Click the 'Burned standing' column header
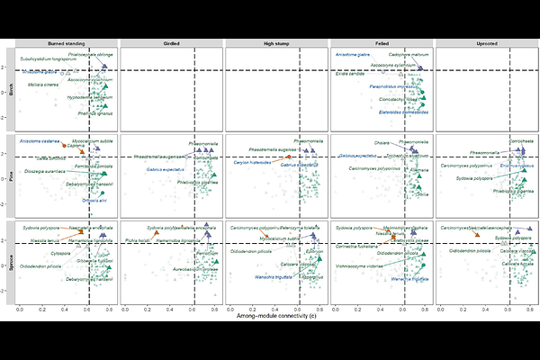click(65, 43)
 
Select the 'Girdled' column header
click(170, 43)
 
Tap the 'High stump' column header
click(275, 43)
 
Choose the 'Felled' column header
click(381, 43)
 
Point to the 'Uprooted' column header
click(485, 43)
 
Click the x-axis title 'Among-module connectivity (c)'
click(275, 317)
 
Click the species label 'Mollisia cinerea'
click(43, 85)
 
